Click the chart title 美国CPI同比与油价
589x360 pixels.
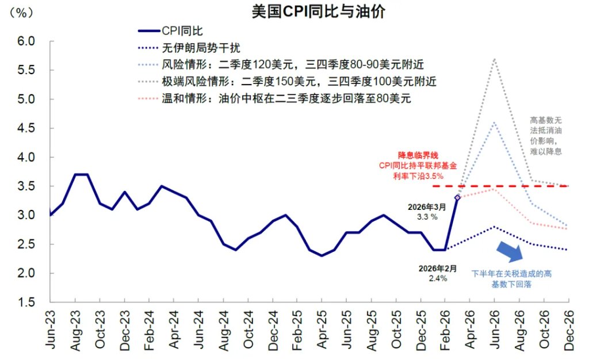pyautogui.click(x=318, y=12)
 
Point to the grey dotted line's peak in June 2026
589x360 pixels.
pyautogui.click(x=494, y=59)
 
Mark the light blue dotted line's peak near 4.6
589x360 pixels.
pyautogui.click(x=494, y=122)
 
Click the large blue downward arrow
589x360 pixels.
pyautogui.click(x=510, y=250)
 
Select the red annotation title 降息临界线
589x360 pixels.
pyautogui.click(x=418, y=155)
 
